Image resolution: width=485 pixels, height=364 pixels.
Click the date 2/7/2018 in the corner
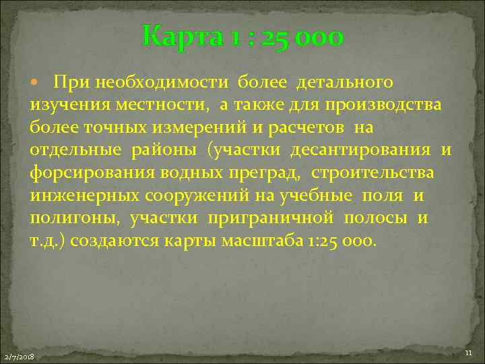tap(20, 356)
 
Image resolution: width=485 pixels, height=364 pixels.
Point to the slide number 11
tap(469, 354)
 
